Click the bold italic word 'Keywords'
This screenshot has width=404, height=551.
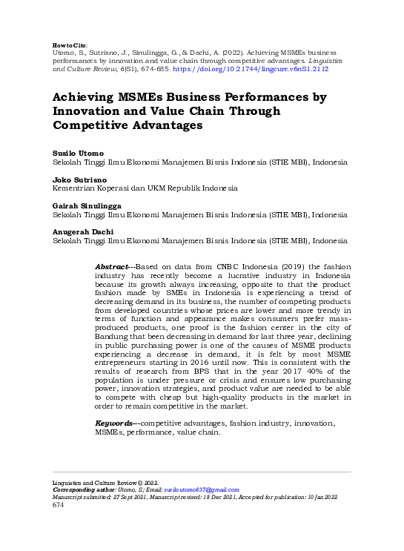pyautogui.click(x=115, y=423)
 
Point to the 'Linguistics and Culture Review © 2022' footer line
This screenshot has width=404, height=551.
pyautogui.click(x=100, y=482)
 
